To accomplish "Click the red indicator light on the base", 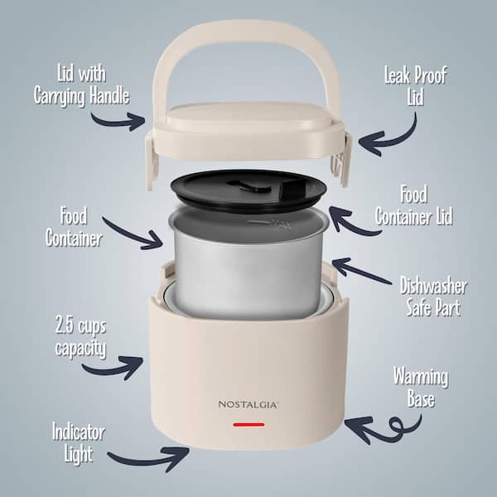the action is (248, 424).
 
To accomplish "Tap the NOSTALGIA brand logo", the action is (248, 405).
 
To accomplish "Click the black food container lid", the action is (248, 191).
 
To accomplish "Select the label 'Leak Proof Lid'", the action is (416, 85).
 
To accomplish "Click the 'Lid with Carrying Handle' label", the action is (81, 84).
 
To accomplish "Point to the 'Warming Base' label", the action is (421, 387).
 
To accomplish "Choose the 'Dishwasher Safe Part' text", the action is (433, 296).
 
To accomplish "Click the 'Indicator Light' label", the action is (79, 442).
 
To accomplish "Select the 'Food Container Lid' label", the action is (413, 205).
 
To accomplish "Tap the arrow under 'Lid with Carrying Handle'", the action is (118, 122).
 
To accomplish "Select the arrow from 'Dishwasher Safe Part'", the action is (361, 270).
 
